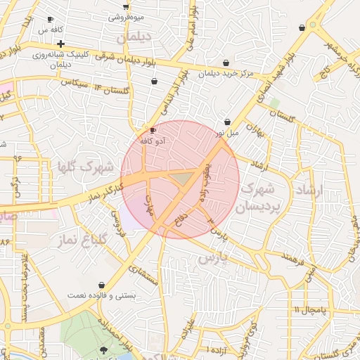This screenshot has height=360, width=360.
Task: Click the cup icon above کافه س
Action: tap(49, 19)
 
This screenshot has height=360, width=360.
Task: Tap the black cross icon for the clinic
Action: tap(61, 44)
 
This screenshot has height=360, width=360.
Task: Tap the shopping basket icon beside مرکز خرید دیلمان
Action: tap(225, 63)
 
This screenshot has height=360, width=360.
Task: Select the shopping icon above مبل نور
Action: tap(227, 121)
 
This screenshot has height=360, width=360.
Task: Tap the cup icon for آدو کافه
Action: tap(153, 131)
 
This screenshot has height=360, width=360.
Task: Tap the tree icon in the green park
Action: tap(104, 349)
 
